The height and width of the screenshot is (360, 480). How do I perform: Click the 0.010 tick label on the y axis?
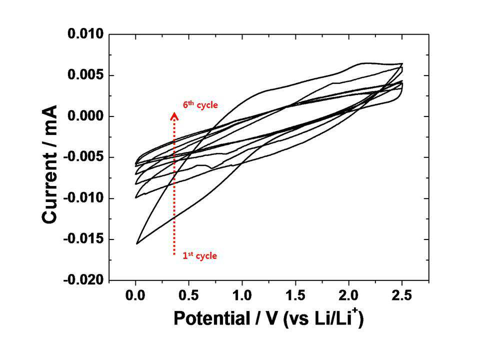85,34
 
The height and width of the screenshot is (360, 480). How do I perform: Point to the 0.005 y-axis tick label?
85,75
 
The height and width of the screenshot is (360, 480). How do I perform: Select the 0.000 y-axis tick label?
85,116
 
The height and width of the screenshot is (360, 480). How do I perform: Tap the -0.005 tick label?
83,157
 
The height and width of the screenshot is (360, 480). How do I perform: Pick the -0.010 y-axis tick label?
83,198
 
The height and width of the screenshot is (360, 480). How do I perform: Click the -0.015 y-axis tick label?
83,239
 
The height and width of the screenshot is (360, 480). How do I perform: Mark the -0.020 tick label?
83,280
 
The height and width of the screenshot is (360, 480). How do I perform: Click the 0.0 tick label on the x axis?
135,295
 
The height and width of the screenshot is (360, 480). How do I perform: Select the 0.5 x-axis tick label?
188,295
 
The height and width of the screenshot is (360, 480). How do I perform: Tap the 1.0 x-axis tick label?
242,295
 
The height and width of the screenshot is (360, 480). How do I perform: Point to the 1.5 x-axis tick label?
295,295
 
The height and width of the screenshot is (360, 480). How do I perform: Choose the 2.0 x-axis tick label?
348,295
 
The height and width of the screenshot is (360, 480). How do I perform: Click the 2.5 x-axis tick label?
402,295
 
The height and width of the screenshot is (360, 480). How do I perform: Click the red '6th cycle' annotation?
200,104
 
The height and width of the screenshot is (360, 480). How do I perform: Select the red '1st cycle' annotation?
200,255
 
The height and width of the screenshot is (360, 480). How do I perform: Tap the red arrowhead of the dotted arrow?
174,115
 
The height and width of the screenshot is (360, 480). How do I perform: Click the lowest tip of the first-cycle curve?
137,243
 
